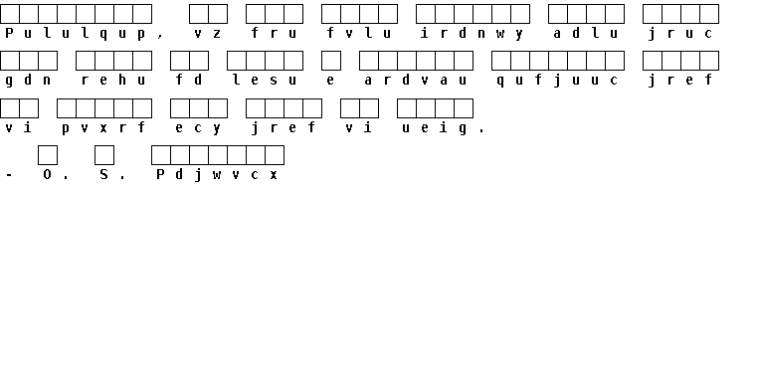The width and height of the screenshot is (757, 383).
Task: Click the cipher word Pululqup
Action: [76, 33]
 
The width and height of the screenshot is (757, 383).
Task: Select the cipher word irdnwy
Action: [472, 33]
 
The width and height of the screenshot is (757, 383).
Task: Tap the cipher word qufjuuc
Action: [558, 81]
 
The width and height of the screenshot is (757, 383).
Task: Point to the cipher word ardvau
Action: [415, 81]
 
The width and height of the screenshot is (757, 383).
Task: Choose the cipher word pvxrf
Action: [103, 127]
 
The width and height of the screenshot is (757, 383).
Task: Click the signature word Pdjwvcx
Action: [217, 174]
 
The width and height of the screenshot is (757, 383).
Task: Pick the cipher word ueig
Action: [435, 127]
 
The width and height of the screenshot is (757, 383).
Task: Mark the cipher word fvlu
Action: [359, 33]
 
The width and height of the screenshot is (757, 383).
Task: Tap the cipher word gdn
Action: [28, 81]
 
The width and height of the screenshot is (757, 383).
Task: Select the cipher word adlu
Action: [586, 33]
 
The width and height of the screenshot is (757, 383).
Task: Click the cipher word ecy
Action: [198, 127]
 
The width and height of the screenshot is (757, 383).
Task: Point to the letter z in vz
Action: [217, 33]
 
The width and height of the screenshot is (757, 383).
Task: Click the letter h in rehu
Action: [122, 80]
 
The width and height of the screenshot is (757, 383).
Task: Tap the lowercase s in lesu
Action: [274, 81]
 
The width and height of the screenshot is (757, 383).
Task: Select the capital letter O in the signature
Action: [47, 174]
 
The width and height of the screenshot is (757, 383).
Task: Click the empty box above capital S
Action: [104, 155]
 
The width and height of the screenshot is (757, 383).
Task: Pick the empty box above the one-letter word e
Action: [330, 61]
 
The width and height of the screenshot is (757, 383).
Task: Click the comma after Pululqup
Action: [160, 36]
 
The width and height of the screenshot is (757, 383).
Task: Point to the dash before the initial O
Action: [9, 175]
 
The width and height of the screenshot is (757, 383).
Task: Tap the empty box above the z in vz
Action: [218, 14]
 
